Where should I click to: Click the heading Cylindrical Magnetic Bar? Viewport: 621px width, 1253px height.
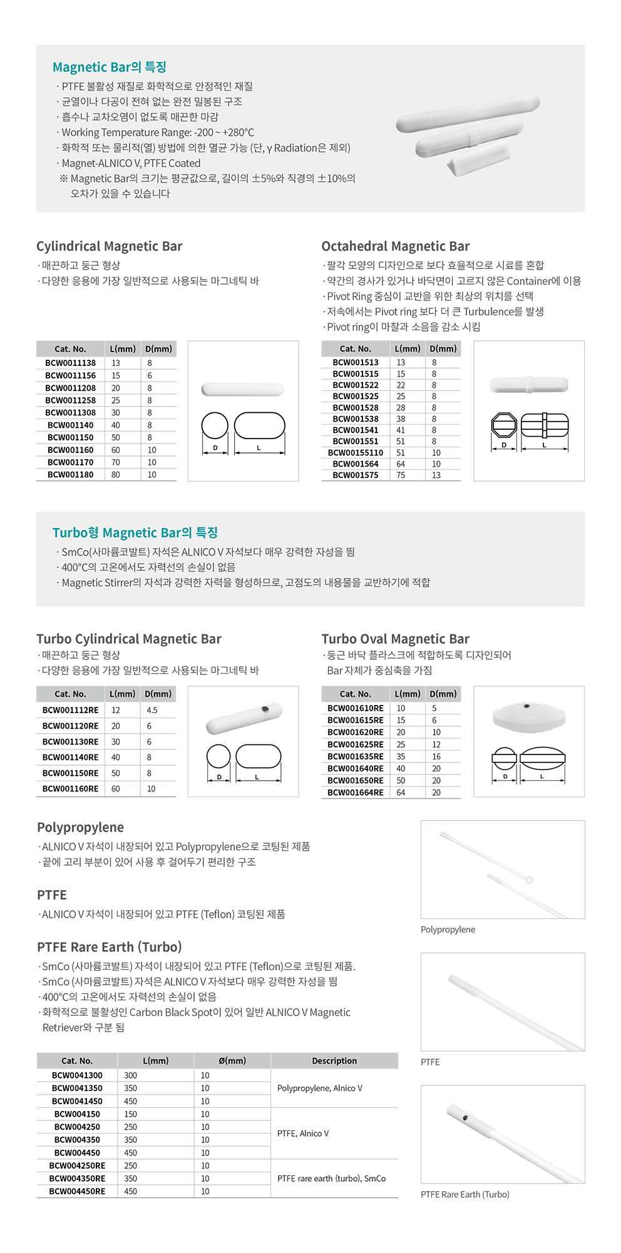110,246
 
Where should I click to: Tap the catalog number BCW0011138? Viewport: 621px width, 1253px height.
71,363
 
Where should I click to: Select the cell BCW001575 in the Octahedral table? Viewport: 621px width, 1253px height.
356,475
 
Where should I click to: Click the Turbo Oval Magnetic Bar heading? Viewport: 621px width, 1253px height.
396,639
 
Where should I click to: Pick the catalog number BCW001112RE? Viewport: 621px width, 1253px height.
70,711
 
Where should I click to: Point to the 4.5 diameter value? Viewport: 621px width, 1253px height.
152,711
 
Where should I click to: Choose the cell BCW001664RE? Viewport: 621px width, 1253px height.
356,793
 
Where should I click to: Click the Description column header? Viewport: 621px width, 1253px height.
334,1061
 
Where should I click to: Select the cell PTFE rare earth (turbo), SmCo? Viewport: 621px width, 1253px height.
332,1179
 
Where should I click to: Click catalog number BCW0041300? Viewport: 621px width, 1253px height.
77,1075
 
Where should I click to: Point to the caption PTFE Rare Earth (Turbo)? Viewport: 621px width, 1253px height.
465,1194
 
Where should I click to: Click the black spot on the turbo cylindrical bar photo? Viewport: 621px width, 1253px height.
265,709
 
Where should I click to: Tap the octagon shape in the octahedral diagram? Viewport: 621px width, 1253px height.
504,425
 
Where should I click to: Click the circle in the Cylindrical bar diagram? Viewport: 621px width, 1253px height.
215,425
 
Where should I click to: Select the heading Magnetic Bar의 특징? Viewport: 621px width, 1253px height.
110,67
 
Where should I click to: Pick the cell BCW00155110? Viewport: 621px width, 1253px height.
356,453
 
